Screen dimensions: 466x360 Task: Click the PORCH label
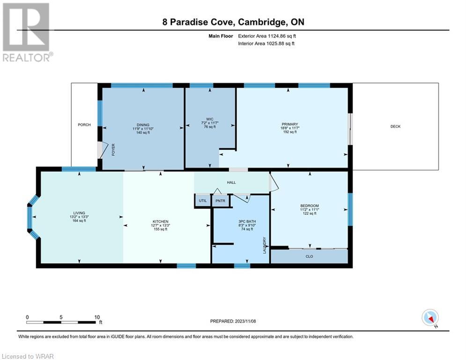84,125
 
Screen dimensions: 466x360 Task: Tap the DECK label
395,127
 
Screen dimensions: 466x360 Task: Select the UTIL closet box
203,201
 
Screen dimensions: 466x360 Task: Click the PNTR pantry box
220,201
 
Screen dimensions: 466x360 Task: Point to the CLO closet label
309,256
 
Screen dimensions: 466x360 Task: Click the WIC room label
209,119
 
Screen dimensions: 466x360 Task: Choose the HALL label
231,182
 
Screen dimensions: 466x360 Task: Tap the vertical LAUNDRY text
265,246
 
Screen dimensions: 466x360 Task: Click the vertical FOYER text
113,150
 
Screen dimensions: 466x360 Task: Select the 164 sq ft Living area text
79,221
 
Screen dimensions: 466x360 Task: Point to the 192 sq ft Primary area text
290,132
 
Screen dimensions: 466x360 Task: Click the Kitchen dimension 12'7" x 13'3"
161,225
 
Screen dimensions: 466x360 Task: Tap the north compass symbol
430,318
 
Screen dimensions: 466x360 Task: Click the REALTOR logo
27,32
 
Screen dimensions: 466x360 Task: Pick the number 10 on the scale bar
97,317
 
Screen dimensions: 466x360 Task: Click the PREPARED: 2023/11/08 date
233,321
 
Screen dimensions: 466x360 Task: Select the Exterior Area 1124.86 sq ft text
267,36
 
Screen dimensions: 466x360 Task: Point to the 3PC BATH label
247,222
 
